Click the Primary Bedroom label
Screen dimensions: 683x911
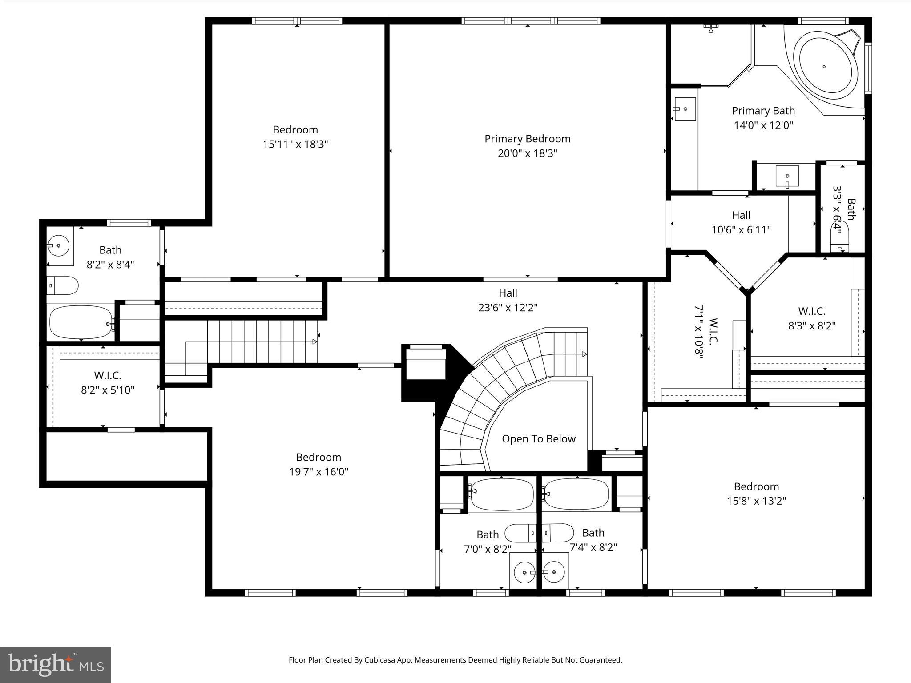coord(527,139)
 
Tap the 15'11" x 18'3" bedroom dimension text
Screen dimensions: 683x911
coord(295,144)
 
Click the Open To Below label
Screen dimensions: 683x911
coord(538,439)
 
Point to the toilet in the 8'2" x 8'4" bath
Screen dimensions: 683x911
coord(63,285)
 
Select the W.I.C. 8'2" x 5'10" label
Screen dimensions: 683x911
coord(108,383)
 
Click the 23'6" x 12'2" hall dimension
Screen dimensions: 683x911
coord(508,307)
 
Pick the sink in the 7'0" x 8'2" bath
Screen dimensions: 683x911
coord(524,572)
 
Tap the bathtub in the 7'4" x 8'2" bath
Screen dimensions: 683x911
coord(576,494)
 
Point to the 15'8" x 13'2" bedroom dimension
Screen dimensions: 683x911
coord(756,501)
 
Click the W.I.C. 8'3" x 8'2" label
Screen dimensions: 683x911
coord(811,318)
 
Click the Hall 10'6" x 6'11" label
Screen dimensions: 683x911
coord(741,222)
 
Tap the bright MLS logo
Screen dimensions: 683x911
coord(56,664)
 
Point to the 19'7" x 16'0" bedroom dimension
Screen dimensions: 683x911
coord(318,471)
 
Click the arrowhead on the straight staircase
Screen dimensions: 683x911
coord(314,341)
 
